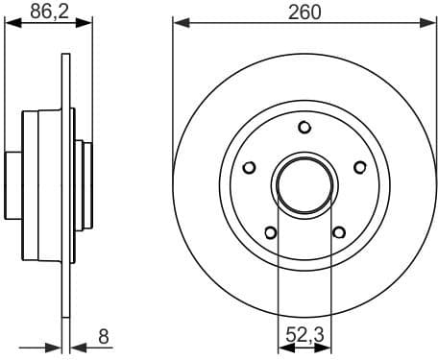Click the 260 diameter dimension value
[x=304, y=12]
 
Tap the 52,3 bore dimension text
[x=304, y=337]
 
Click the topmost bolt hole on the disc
[x=304, y=127]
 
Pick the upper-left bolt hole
[x=250, y=167]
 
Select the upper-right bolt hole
[x=360, y=167]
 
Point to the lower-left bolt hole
[x=270, y=231]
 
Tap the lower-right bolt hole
[x=338, y=231]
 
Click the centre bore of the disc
[x=304, y=183]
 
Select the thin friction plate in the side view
[x=66, y=182]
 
